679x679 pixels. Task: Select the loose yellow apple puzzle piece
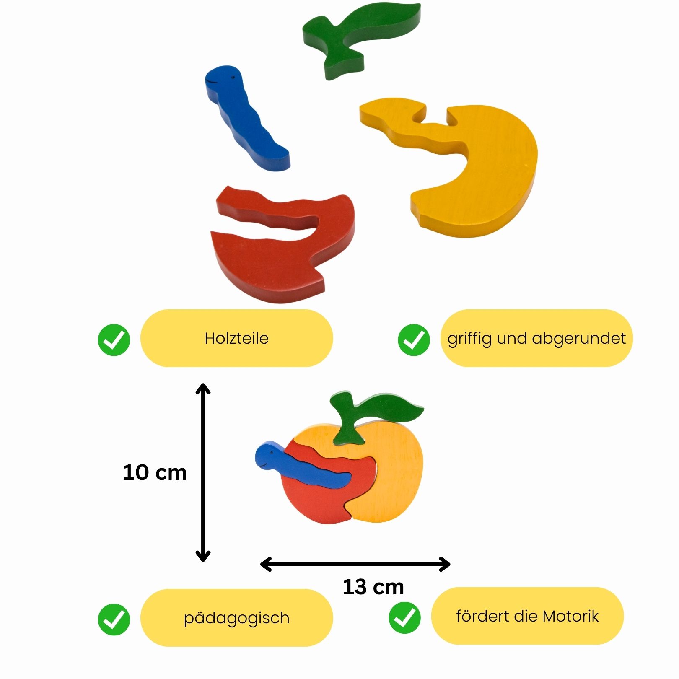482,176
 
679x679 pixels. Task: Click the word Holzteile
236,338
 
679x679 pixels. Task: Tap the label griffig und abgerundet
536,338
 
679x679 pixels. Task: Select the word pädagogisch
236,618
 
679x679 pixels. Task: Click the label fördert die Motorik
527,616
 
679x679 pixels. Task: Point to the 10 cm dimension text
155,472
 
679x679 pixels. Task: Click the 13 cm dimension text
373,587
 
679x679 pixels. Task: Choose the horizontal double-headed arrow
355,564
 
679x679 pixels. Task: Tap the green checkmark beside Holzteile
114,339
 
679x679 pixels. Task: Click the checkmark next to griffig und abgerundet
414,339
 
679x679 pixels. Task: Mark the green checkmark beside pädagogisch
114,619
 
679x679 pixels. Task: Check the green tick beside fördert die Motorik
404,617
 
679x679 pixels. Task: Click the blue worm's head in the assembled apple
268,455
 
